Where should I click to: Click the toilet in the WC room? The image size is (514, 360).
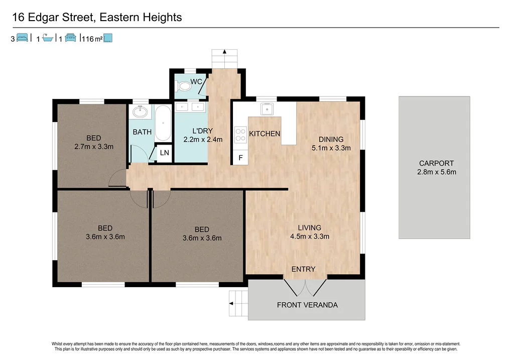pyautogui.click(x=185, y=86)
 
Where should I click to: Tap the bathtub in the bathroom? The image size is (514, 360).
pyautogui.click(x=163, y=123)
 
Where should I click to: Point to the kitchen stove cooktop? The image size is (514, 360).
pyautogui.click(x=240, y=134)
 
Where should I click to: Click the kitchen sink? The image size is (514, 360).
pyautogui.click(x=267, y=108)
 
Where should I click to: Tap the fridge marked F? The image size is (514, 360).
pyautogui.click(x=240, y=158)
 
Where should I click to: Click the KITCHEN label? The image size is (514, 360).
pyautogui.click(x=265, y=134)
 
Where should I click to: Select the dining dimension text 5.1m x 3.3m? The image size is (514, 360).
pyautogui.click(x=331, y=148)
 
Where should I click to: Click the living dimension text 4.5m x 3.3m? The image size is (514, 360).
pyautogui.click(x=309, y=236)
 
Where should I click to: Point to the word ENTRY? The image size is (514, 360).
pyautogui.click(x=303, y=269)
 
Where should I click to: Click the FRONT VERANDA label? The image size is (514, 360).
pyautogui.click(x=307, y=305)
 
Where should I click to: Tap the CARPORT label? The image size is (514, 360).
pyautogui.click(x=436, y=163)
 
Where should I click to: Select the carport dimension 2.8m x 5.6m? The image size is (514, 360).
pyautogui.click(x=436, y=172)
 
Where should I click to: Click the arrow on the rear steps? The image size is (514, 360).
pyautogui.click(x=224, y=51)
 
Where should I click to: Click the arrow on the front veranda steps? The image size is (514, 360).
pyautogui.click(x=231, y=303)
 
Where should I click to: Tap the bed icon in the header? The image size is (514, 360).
pyautogui.click(x=22, y=38)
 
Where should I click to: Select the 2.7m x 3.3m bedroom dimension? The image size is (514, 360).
pyautogui.click(x=93, y=147)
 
